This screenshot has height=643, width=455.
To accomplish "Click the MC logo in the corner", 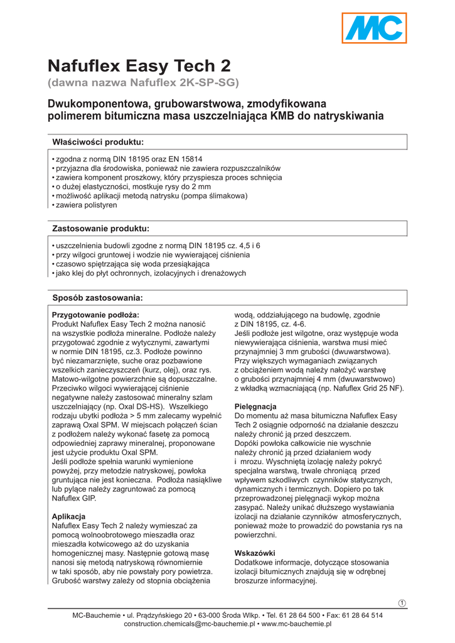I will [375, 29].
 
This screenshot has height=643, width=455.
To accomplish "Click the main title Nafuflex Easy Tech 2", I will [139, 66].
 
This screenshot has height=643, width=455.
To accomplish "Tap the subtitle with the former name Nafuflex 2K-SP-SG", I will [144, 82].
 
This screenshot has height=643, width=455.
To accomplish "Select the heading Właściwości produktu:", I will [98, 142].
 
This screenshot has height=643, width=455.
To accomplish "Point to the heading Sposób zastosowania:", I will [97, 297].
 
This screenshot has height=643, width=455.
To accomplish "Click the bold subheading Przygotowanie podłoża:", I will [95, 315].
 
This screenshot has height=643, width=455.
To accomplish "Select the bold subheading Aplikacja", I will [68, 516].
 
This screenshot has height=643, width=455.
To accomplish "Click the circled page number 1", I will [402, 603].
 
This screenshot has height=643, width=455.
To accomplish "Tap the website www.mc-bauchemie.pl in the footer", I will [296, 624].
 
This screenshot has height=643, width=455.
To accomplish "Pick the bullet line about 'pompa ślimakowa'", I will [151, 196].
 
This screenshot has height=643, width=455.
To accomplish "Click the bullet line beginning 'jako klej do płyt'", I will [150, 273].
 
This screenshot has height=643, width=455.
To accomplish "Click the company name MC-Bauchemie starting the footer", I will [97, 615].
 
